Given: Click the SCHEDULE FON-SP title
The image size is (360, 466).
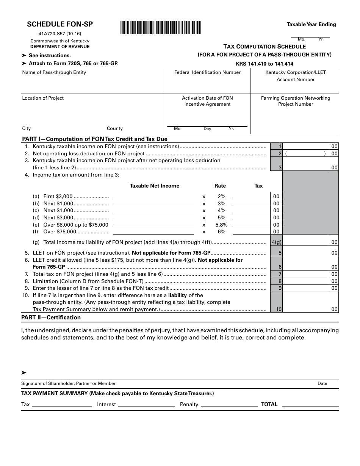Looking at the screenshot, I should coord(60,24).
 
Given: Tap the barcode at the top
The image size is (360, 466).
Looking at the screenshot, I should coord(160,28).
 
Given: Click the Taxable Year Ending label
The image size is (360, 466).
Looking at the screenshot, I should coord(311,24).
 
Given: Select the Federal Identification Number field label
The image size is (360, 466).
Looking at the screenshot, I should coord(207,72).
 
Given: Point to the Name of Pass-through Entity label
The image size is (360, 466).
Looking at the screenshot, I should coord(54,72).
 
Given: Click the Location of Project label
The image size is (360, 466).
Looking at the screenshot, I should coord(43,98).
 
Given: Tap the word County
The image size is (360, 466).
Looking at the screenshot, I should coord(115,128).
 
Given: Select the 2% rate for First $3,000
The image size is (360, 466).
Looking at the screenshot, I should coord(221,196).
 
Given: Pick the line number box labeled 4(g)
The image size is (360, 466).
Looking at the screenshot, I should coord(276,242).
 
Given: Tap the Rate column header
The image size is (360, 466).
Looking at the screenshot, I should coord(220,186).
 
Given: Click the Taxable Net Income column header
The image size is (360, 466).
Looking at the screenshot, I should coord(155,186).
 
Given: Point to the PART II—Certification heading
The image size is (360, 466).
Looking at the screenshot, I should coord(51,317).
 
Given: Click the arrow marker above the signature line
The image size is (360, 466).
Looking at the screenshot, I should coord(24,373).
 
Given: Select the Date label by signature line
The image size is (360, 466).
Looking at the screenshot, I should coord(322,383).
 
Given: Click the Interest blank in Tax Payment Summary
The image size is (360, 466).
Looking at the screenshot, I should coord(147,405).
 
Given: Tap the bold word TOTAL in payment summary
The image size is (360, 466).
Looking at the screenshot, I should coord(269,404).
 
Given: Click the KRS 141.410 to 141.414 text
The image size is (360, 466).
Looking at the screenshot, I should coord(265,64).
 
